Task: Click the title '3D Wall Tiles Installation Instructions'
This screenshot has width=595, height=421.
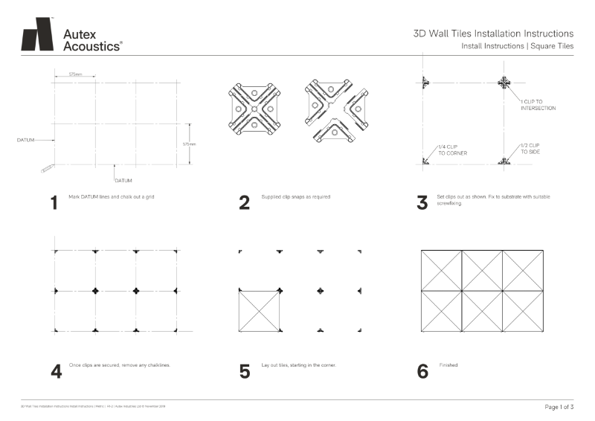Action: click(493, 33)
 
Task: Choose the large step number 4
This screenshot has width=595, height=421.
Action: click(56, 371)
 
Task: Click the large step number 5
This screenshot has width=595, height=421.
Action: click(245, 371)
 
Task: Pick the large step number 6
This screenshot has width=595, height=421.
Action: click(422, 371)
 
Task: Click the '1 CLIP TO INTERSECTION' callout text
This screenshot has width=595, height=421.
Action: click(538, 104)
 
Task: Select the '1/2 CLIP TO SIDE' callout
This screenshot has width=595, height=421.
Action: click(530, 148)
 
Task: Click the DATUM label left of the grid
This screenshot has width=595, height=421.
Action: click(25, 139)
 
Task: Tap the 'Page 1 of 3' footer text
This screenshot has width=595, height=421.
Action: click(559, 408)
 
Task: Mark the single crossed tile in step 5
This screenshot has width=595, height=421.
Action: click(260, 310)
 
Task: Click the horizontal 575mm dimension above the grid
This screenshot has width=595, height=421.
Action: click(75, 74)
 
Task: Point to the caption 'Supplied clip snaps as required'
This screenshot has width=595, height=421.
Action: click(296, 197)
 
